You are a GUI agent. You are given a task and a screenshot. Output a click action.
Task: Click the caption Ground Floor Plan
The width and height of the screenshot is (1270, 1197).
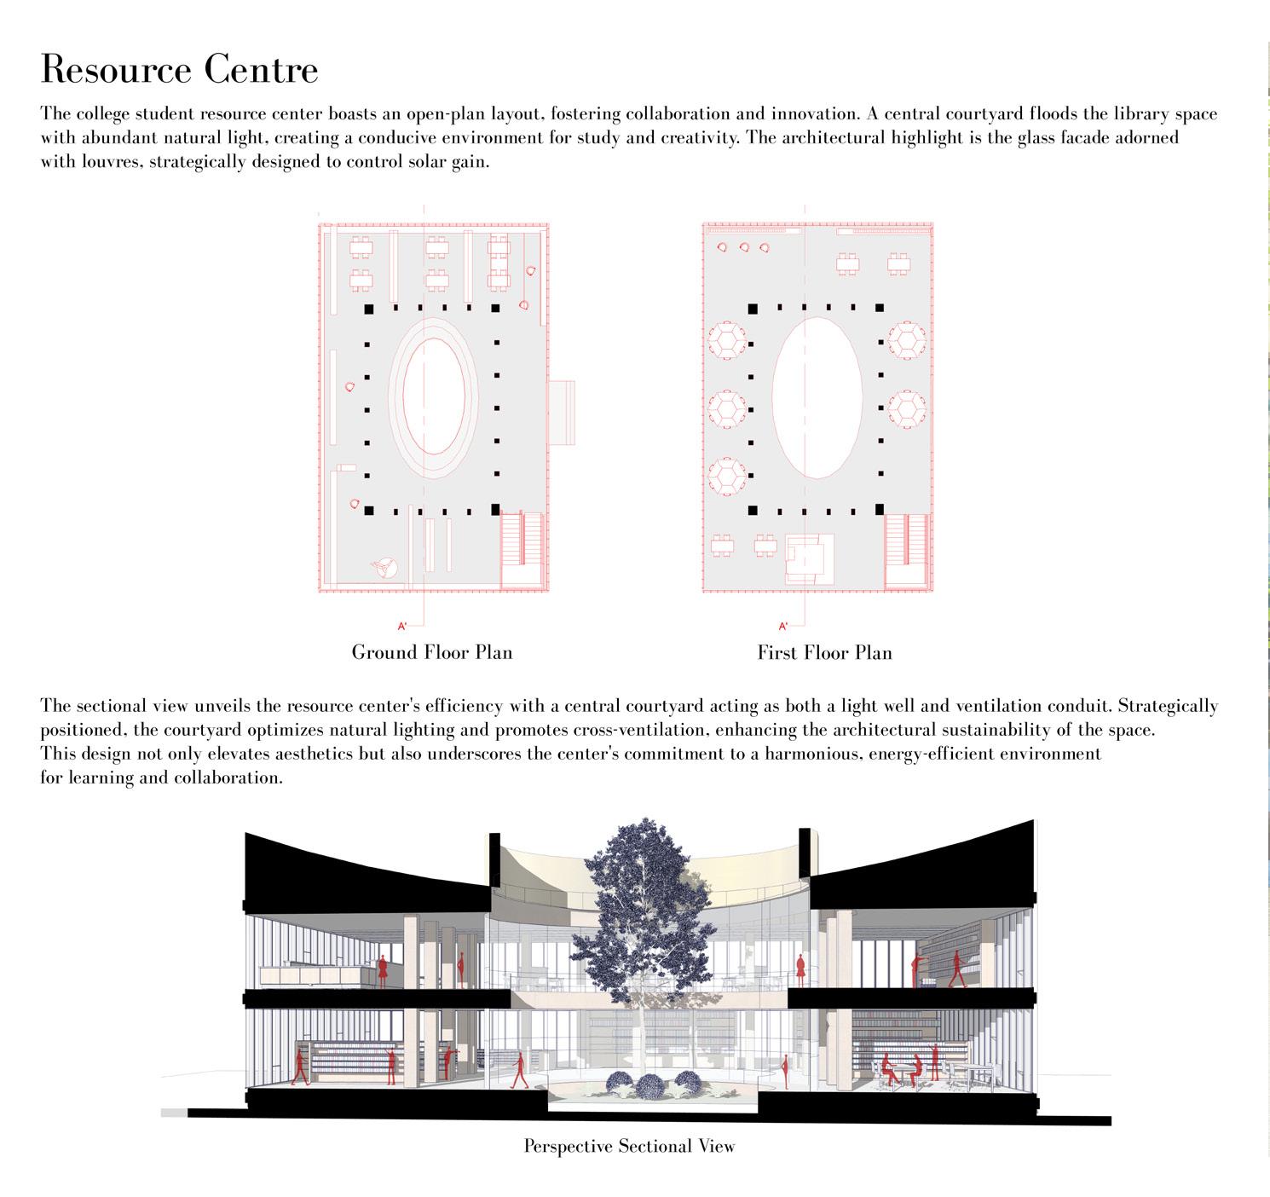[x=432, y=653]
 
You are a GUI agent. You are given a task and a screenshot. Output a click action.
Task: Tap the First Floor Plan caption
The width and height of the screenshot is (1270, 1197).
[x=824, y=653]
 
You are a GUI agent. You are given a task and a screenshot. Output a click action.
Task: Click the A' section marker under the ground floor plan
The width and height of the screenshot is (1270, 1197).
[x=402, y=627]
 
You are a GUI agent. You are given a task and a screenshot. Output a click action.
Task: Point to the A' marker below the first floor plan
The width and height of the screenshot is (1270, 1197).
[x=782, y=627]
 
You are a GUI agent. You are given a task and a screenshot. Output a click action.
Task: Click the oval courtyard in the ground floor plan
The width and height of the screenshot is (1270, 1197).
[x=434, y=396]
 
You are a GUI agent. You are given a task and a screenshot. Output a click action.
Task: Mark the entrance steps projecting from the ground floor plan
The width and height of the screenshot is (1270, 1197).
[x=562, y=413]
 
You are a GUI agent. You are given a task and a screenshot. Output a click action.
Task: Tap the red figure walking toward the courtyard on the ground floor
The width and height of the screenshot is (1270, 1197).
[x=518, y=1070]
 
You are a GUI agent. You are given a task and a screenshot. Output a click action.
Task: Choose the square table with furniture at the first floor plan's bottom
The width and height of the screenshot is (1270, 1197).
[x=810, y=558]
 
